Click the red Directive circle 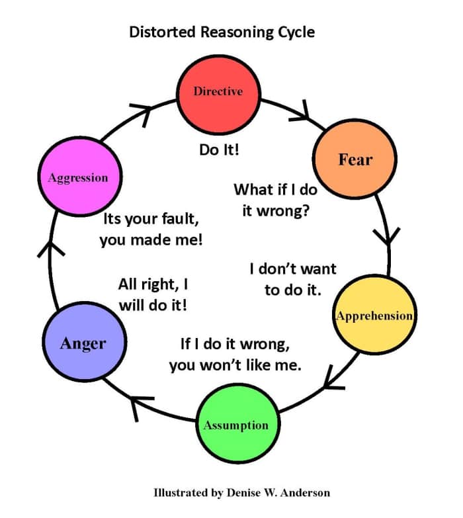click(x=218, y=91)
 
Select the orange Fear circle click(x=355, y=159)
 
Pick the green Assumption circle click(x=235, y=424)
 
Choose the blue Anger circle click(x=83, y=343)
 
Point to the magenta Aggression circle click(x=77, y=177)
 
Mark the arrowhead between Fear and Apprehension click(x=386, y=236)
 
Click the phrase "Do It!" click(x=219, y=150)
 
